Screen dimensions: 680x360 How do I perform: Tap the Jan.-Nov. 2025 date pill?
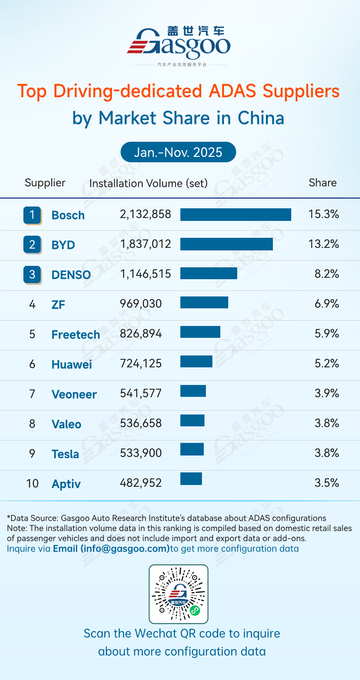coord(178,152)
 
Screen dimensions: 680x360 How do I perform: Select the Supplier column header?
coord(45,183)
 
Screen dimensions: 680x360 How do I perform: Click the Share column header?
coord(323,183)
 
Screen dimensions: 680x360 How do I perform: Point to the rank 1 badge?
coord(32,215)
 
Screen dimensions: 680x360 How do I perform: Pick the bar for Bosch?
coord(235,214)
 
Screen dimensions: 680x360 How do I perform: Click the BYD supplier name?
coord(63,245)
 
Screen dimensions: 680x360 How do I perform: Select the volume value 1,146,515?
coord(145,274)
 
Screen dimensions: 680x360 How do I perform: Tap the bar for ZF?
coord(204,303)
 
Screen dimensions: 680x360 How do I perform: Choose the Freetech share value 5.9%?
coord(327,334)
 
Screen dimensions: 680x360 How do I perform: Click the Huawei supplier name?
coord(72,364)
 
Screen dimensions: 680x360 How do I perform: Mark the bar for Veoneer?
coord(193,391)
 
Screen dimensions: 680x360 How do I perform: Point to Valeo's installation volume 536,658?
coord(141,423)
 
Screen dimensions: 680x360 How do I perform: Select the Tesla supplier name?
coord(65,454)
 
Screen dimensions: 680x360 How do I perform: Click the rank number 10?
coord(32,483)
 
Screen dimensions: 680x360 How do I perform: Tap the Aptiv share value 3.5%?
coord(327,483)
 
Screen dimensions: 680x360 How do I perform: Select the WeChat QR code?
coord(179,594)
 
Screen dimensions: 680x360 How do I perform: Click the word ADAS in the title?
coord(233,91)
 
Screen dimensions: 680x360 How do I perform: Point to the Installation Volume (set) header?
coord(148,183)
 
